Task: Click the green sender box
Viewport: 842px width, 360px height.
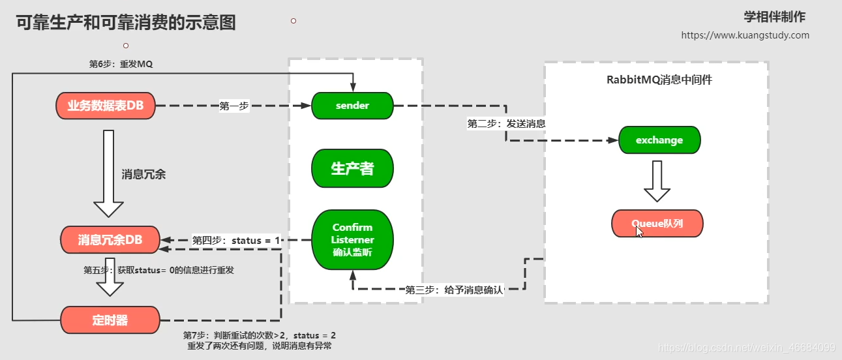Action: (352, 106)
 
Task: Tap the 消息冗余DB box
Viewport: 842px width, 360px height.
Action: (110, 240)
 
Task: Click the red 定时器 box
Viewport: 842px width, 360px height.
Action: (110, 320)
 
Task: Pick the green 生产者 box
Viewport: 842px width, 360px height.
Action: (352, 169)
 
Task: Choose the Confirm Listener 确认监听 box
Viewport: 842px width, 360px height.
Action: (352, 240)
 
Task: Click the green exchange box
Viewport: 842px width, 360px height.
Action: (659, 140)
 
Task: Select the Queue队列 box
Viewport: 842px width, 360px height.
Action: (657, 224)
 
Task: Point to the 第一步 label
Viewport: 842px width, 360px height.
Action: (234, 106)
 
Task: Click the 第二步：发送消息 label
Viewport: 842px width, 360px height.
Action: (506, 123)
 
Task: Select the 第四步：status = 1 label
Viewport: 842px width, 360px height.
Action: (236, 241)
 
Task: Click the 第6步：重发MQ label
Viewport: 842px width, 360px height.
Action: (121, 64)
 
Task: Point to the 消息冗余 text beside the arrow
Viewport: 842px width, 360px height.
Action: (143, 175)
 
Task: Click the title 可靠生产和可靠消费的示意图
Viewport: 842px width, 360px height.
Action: (126, 23)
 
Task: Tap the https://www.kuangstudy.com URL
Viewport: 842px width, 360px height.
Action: (745, 35)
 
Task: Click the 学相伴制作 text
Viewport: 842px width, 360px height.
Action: (774, 17)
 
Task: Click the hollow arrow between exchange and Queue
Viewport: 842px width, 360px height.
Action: (657, 181)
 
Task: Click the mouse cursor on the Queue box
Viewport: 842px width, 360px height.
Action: (639, 232)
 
